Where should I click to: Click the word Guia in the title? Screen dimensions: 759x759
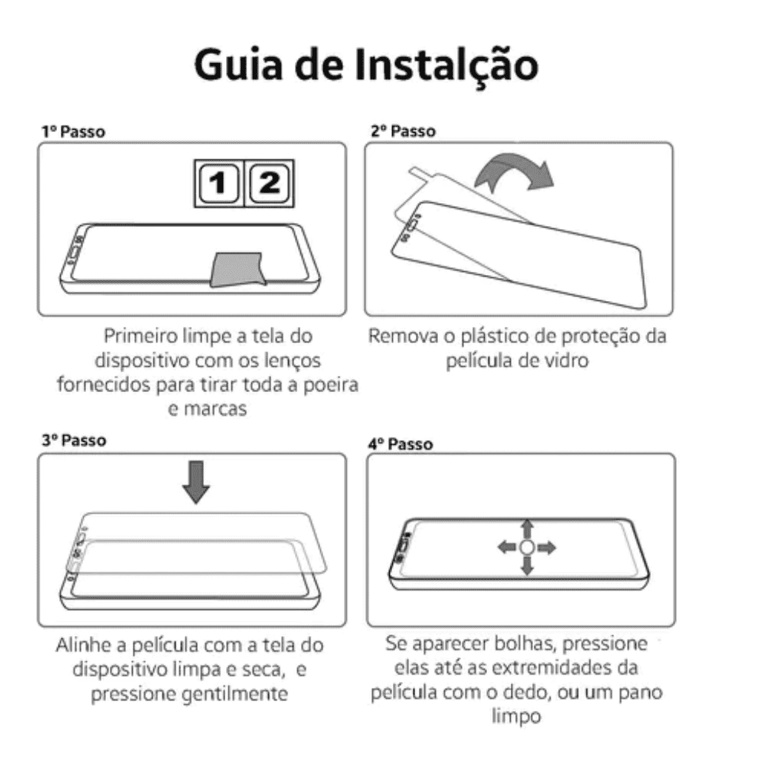(x=238, y=65)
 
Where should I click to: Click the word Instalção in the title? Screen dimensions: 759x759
(x=446, y=64)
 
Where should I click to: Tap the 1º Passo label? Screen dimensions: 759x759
(x=73, y=132)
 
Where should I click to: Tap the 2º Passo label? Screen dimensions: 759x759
(x=402, y=131)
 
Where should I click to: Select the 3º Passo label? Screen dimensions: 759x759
(x=73, y=440)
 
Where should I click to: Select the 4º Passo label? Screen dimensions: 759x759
(x=400, y=445)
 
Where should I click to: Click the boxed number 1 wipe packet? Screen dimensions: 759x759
(x=219, y=184)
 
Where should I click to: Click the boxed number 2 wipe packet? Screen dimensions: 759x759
(x=269, y=184)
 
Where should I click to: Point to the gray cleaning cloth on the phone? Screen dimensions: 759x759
(x=238, y=269)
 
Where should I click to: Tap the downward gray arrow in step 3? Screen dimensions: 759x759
(x=196, y=483)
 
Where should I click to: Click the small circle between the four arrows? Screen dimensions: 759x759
(x=527, y=548)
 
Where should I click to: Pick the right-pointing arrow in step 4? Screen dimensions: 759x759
(x=546, y=548)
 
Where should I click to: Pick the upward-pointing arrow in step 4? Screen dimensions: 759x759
(x=527, y=529)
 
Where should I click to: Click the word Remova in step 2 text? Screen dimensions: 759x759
(x=404, y=336)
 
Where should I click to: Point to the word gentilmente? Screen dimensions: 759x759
(x=235, y=694)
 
